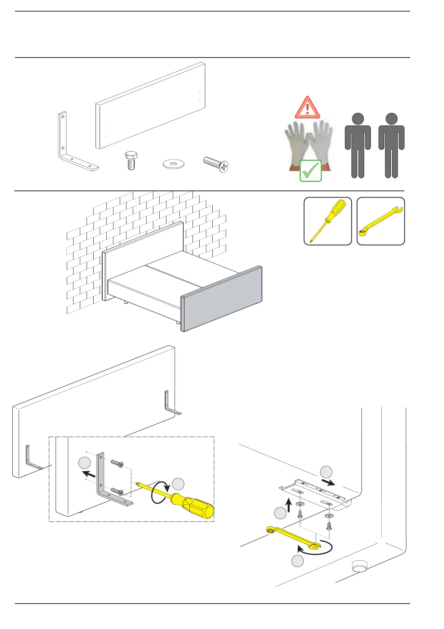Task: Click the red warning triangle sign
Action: click(307, 108)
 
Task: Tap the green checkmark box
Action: click(310, 171)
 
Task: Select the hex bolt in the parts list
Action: click(131, 161)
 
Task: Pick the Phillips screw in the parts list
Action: click(216, 164)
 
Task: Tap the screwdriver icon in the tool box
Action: click(328, 220)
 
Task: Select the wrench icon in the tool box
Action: click(381, 220)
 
